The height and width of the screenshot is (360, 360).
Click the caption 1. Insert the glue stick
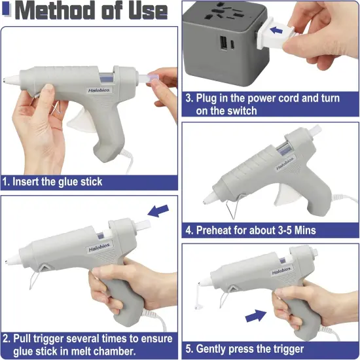[52, 181]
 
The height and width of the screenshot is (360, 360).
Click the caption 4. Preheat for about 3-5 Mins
[250, 230]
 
